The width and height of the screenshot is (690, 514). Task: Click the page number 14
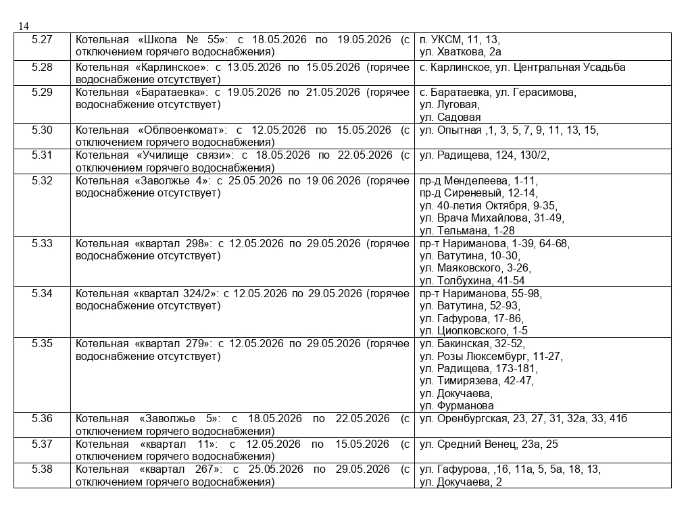coord(24,26)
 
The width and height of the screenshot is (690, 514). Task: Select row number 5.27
coord(42,39)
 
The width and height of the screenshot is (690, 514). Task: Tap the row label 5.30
coord(42,130)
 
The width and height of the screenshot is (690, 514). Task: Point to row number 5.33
coord(42,243)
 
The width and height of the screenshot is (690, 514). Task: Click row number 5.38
coord(42,469)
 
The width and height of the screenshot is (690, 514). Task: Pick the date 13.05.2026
coord(253,67)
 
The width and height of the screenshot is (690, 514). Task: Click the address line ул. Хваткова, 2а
coord(460,51)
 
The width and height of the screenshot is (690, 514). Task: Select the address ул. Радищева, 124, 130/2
coord(485,155)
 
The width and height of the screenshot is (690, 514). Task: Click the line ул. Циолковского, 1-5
coord(474,330)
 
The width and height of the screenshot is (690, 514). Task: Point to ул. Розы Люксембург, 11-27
coord(491,356)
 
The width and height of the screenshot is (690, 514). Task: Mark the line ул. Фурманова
coord(457,406)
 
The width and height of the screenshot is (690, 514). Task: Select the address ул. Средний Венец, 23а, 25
coord(489,444)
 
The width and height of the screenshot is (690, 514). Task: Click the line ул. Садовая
coord(450,117)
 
